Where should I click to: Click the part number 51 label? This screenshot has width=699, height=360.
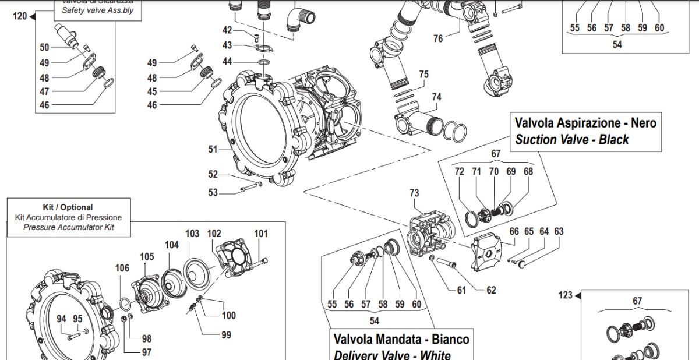point(213,150)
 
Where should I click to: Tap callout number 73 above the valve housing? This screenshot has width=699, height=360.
point(414,193)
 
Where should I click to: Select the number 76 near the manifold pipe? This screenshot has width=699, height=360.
point(438,38)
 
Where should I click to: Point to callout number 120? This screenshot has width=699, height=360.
point(19,16)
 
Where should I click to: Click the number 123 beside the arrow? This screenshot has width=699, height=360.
point(565,295)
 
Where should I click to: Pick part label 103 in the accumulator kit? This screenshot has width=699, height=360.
point(192,234)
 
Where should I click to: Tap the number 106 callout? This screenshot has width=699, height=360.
point(122,268)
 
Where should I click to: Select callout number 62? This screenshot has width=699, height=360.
point(491,290)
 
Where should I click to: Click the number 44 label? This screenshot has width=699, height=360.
point(227,61)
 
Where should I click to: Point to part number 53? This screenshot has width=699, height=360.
point(213,192)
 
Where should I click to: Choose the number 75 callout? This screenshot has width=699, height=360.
point(423,75)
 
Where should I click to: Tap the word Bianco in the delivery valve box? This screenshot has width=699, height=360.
point(448,339)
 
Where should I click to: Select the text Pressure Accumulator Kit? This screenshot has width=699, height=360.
point(69,227)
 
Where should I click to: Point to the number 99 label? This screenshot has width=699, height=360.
point(225,335)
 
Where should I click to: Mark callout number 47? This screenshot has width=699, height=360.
point(45,91)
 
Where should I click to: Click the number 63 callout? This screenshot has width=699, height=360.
point(559,231)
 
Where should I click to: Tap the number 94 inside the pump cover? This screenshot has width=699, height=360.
point(61,319)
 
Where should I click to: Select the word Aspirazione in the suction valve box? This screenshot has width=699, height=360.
point(585,123)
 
